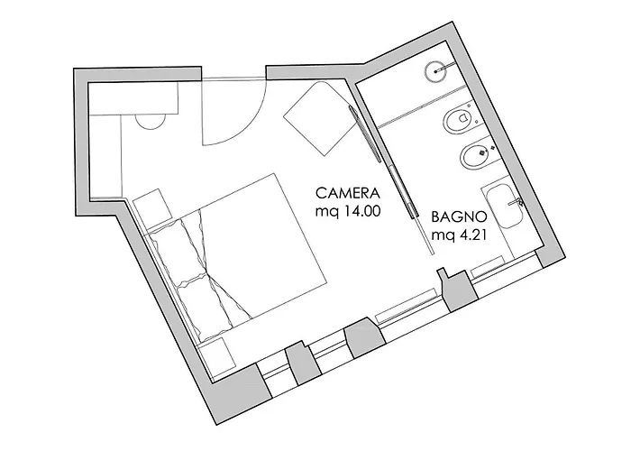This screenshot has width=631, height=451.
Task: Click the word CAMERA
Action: [x=348, y=193]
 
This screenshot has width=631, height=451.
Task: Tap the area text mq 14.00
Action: [x=348, y=211]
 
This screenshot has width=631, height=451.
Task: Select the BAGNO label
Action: [x=459, y=217]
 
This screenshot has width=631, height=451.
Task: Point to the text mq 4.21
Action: [x=459, y=235]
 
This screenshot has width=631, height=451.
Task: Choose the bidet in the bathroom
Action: [x=474, y=155]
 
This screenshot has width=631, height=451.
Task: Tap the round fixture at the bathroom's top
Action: [x=436, y=71]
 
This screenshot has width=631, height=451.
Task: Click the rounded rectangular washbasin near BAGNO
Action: [x=504, y=207]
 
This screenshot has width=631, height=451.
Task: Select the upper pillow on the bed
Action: [x=178, y=249]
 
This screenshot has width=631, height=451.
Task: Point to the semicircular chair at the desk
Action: [x=151, y=122]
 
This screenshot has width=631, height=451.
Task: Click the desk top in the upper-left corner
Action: [x=133, y=98]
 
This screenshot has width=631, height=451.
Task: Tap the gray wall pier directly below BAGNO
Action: [x=458, y=290]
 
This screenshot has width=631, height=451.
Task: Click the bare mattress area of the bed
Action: [x=263, y=245]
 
